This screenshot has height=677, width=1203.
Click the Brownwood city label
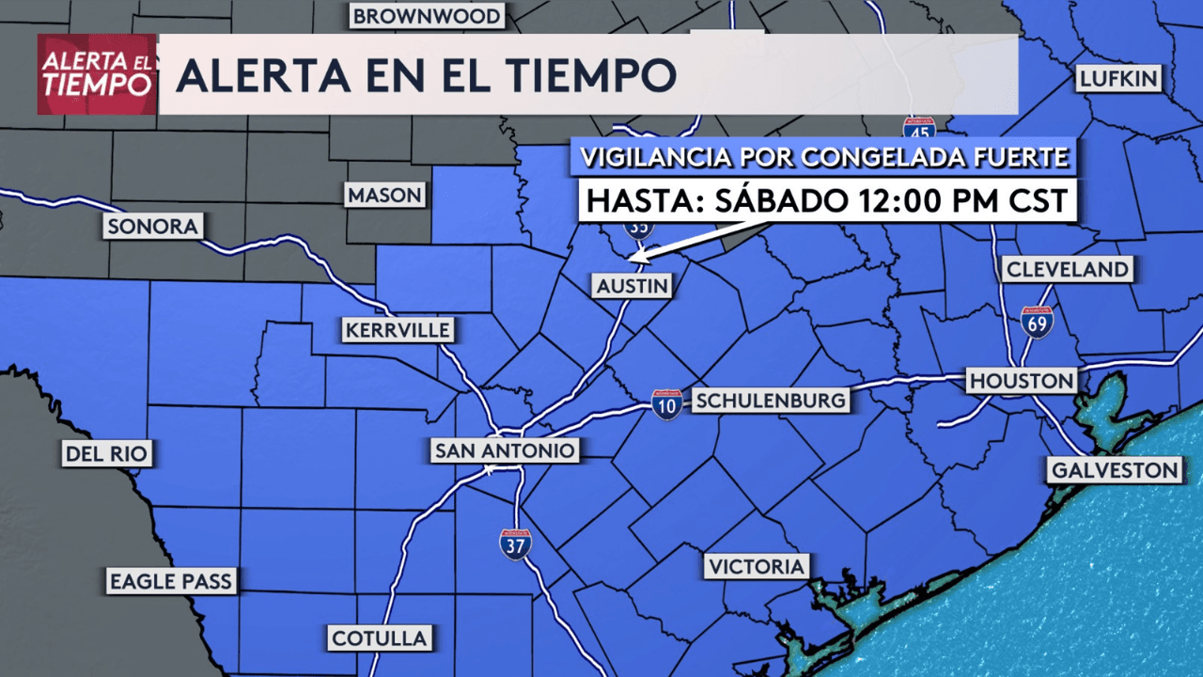[428, 16]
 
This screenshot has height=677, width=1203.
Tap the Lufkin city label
[1118, 78]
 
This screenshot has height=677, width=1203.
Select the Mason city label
[385, 196]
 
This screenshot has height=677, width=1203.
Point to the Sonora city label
[152, 227]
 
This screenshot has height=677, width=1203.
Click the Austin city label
[632, 286]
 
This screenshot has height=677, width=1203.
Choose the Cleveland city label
[1067, 270]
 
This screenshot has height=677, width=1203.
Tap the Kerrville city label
[398, 330]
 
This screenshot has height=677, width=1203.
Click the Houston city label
[1022, 381]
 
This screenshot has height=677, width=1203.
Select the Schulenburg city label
[770, 401]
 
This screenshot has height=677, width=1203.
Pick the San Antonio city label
[504, 451]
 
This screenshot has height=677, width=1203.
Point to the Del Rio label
[106, 454]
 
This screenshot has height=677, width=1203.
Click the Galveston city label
[1115, 470]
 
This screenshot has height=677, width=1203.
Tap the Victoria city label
[757, 566]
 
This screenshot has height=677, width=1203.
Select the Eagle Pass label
[170, 581]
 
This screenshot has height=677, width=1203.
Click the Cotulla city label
[380, 638]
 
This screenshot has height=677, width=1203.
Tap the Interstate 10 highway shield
[666, 404]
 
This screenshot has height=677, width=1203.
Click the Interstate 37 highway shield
[515, 544]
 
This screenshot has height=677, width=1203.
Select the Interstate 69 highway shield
[1038, 322]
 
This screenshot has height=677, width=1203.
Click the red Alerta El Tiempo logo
[97, 74]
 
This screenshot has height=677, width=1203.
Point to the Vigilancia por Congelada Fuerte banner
[824, 157]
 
